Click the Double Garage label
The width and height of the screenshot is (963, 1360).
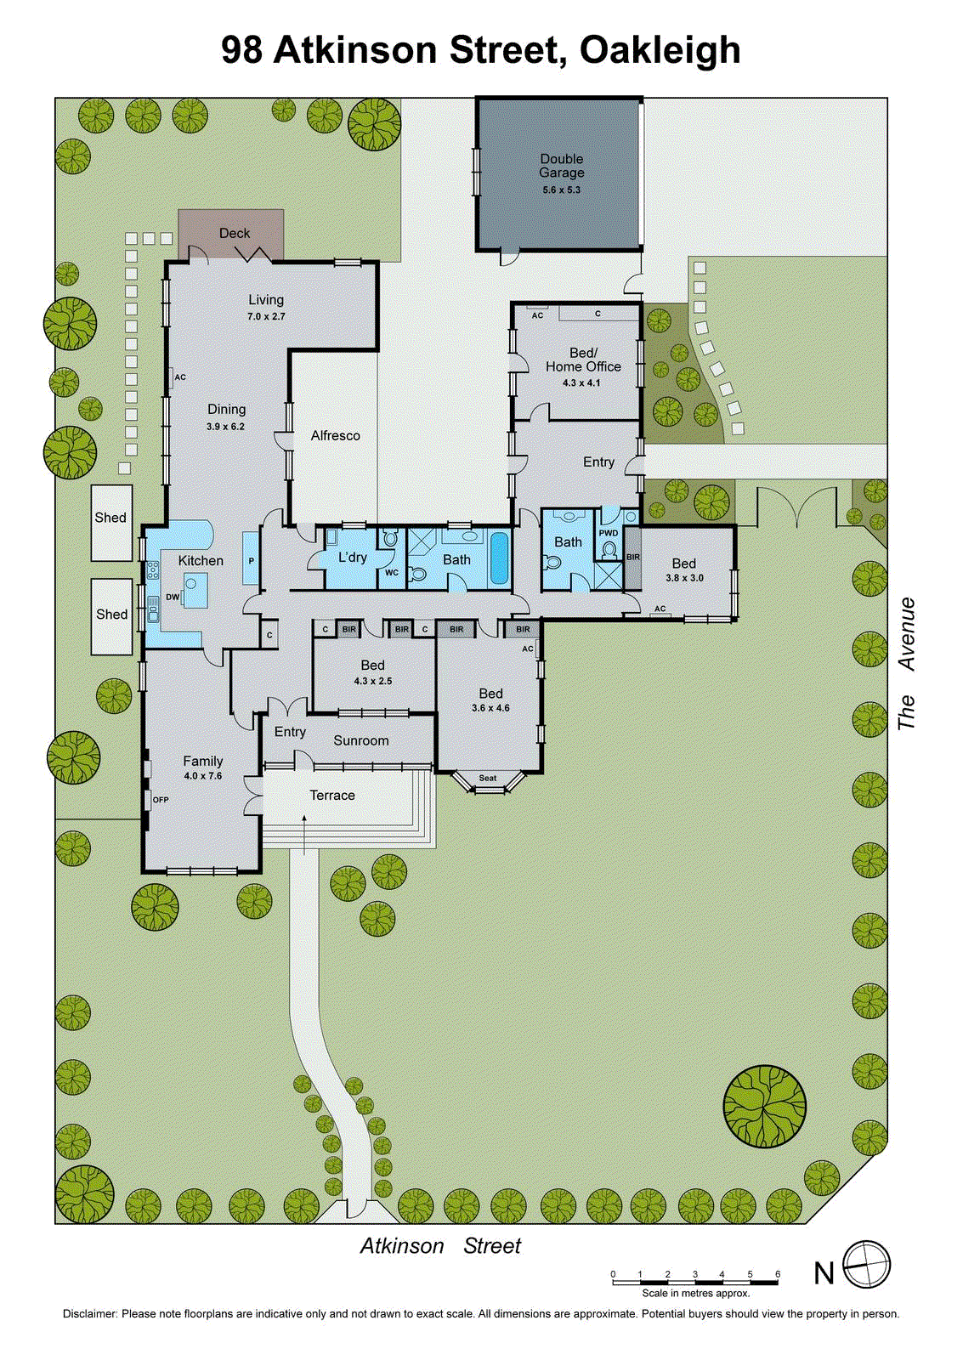click(x=561, y=166)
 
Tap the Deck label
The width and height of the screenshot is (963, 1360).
click(x=235, y=233)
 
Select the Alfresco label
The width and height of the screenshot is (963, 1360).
click(x=335, y=435)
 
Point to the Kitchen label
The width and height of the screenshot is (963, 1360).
click(x=201, y=560)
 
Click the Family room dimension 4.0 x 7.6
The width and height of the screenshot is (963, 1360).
click(x=202, y=776)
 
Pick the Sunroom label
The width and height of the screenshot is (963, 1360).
click(x=360, y=740)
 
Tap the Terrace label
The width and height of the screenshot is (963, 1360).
click(x=331, y=796)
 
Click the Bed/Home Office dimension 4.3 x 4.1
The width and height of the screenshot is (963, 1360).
click(x=581, y=383)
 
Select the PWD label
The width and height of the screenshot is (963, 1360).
click(x=609, y=533)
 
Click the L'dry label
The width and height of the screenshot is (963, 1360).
click(x=352, y=558)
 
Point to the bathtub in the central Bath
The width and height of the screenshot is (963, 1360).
click(x=499, y=558)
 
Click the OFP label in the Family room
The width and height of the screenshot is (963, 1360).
click(x=161, y=800)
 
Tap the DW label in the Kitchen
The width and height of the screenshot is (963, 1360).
click(x=173, y=597)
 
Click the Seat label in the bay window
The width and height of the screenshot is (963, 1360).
click(x=488, y=778)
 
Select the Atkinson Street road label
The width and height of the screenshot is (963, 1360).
click(x=440, y=1246)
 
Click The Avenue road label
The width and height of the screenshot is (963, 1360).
click(x=907, y=663)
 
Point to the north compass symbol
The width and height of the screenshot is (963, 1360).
click(x=866, y=1265)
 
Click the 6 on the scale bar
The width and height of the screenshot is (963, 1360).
click(x=778, y=1274)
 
